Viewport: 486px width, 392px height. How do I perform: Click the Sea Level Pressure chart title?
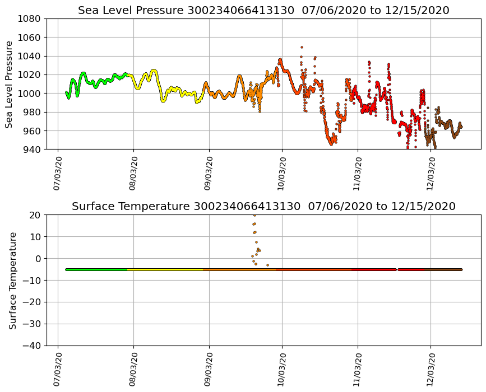[x=263, y=10]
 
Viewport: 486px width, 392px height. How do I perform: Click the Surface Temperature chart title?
[x=263, y=207]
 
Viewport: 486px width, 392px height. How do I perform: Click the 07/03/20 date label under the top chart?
[x=58, y=174]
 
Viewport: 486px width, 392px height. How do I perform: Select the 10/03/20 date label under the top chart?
[x=282, y=174]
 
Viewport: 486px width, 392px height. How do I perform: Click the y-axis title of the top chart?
[x=10, y=84]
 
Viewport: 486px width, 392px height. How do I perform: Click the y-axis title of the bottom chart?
[x=12, y=280]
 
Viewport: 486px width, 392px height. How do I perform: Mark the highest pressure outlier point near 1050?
[x=302, y=47]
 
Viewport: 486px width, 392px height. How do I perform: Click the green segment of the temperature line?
[x=95, y=269]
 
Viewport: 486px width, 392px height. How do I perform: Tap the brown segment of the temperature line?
[x=443, y=269]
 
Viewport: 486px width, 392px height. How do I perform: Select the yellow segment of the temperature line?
[x=165, y=269]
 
